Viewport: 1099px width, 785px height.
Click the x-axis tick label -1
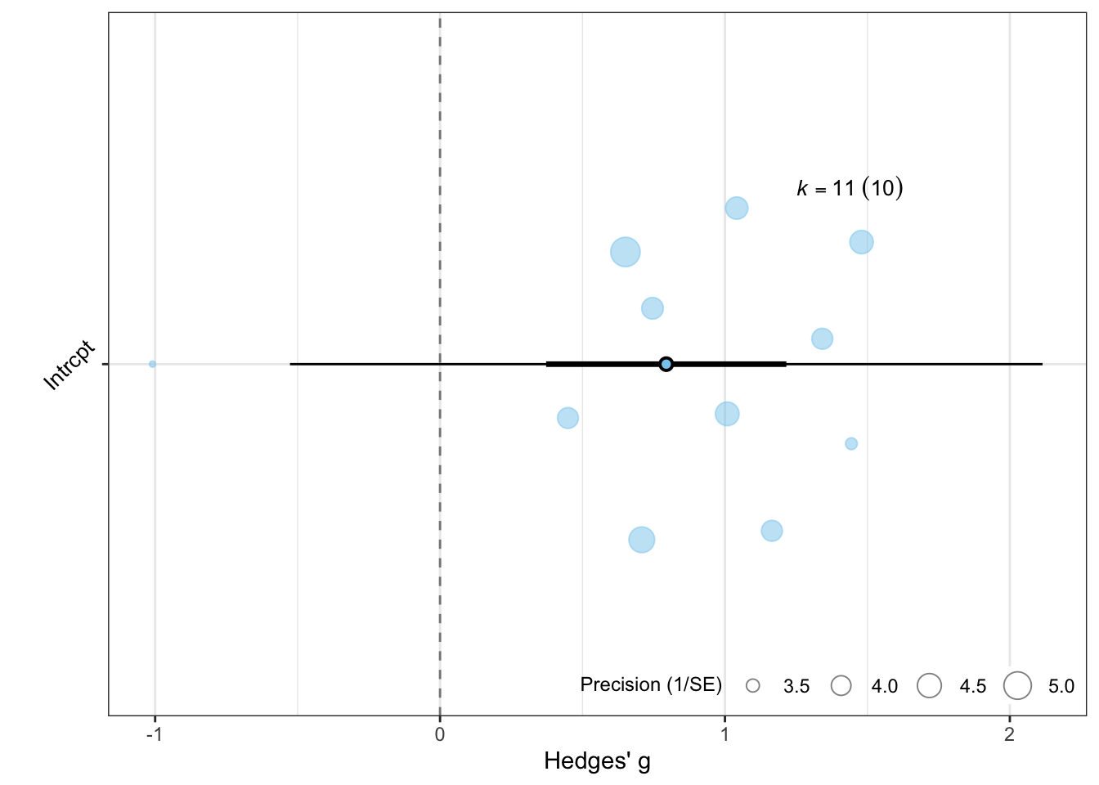click(x=154, y=734)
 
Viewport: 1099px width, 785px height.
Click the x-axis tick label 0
click(x=440, y=734)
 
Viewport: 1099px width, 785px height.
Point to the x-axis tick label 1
click(x=724, y=734)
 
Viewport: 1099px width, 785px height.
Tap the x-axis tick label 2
click(x=1009, y=734)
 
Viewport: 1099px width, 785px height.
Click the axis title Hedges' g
click(x=597, y=761)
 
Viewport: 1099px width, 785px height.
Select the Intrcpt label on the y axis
click(x=70, y=366)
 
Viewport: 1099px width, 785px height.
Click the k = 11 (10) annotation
click(x=850, y=189)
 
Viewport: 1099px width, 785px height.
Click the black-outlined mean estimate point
click(x=666, y=364)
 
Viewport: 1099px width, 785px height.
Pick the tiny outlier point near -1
click(x=152, y=364)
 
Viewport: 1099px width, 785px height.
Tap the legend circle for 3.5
click(x=752, y=686)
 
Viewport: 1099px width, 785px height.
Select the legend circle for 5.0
click(x=1018, y=685)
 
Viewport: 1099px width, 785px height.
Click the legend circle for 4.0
click(x=841, y=686)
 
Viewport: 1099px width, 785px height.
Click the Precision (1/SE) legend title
click(x=651, y=684)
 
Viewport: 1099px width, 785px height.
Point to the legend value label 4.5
click(x=973, y=687)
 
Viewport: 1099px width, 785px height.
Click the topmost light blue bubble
click(x=737, y=209)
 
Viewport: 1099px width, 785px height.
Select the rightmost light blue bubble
click(x=861, y=242)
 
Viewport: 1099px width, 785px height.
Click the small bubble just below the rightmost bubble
click(x=851, y=444)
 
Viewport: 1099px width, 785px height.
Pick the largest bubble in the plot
click(x=626, y=252)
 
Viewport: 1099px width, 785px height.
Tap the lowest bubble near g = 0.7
click(x=642, y=540)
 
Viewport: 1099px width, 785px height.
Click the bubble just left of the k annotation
click(x=737, y=209)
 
